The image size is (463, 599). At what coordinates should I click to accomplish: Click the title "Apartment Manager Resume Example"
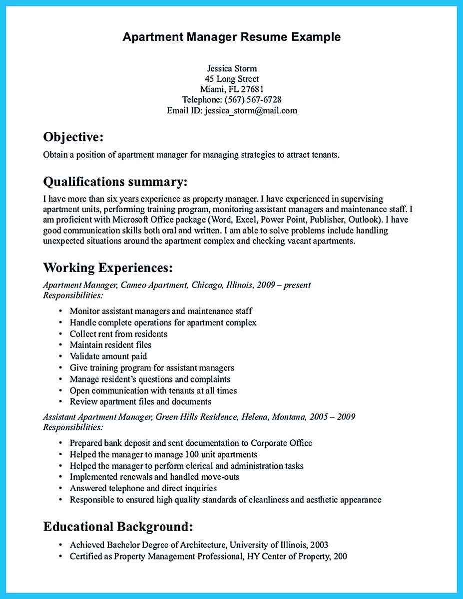[232, 37]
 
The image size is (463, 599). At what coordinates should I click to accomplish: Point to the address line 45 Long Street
[232, 79]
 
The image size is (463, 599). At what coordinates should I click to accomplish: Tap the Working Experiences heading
[108, 268]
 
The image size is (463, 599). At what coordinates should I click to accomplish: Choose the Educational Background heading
[118, 526]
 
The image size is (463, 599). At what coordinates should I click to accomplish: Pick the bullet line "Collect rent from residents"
[118, 334]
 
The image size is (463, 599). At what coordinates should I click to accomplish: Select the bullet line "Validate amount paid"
[108, 356]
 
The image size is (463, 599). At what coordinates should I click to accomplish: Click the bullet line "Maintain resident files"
[110, 345]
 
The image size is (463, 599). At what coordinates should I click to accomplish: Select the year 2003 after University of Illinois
[318, 545]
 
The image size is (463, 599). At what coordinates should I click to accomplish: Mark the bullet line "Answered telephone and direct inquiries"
[143, 488]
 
